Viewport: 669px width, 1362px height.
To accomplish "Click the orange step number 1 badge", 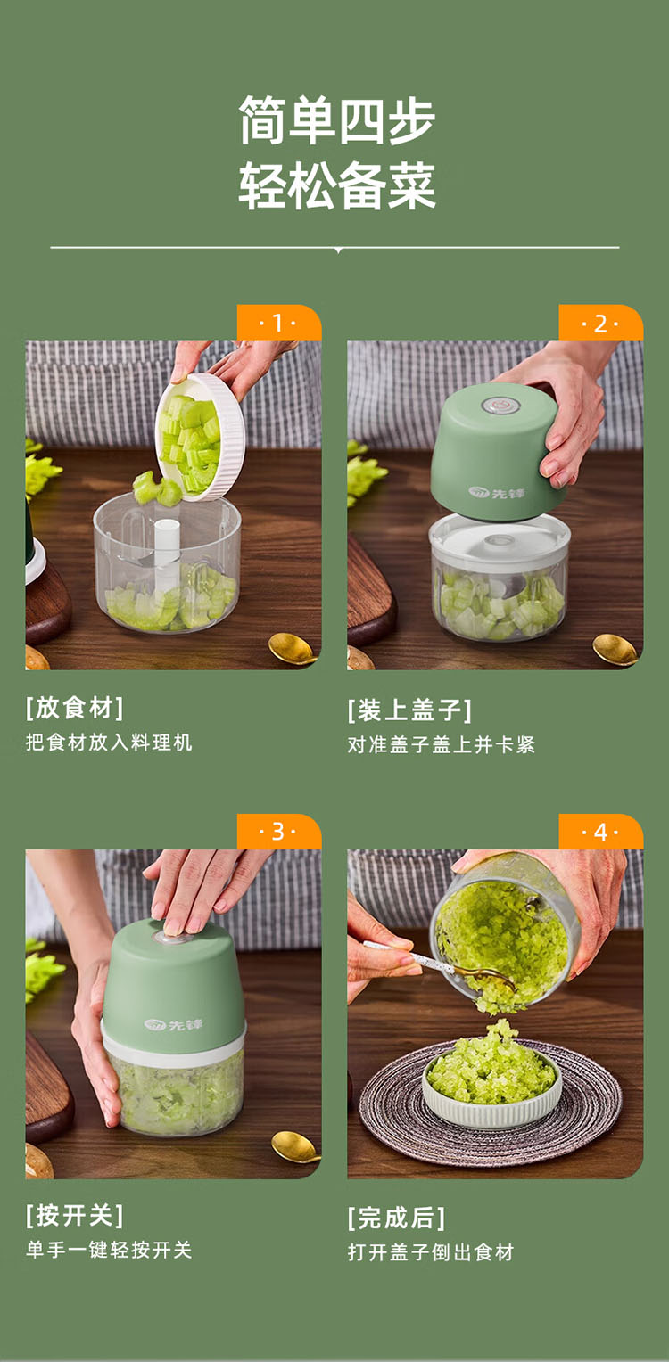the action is (279, 323).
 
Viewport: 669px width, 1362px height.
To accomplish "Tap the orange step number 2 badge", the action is (601, 323).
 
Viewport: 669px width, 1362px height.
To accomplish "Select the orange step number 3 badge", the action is (279, 831).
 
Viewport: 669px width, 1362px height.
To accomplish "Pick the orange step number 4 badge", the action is (601, 831).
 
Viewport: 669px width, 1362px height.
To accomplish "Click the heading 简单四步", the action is (336, 120).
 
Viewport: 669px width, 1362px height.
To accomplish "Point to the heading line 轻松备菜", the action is (336, 185).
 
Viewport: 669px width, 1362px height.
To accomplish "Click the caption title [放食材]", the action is (74, 708).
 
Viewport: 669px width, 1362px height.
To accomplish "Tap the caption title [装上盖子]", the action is (409, 710).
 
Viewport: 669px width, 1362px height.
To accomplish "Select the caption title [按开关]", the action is (74, 1216).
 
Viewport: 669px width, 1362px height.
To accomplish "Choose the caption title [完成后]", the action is (396, 1218).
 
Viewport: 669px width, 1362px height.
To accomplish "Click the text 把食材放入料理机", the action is (109, 743).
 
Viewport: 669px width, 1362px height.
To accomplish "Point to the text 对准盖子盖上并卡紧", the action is (442, 745).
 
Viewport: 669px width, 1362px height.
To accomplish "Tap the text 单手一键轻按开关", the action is (109, 1250).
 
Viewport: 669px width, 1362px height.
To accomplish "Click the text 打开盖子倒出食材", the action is (431, 1252).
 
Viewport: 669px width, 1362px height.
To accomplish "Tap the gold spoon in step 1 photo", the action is (293, 648).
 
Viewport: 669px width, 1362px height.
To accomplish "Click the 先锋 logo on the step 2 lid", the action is (497, 493).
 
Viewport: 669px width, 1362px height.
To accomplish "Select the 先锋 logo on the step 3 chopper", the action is (174, 1025).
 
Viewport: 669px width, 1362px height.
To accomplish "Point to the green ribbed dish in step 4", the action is (491, 1089).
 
